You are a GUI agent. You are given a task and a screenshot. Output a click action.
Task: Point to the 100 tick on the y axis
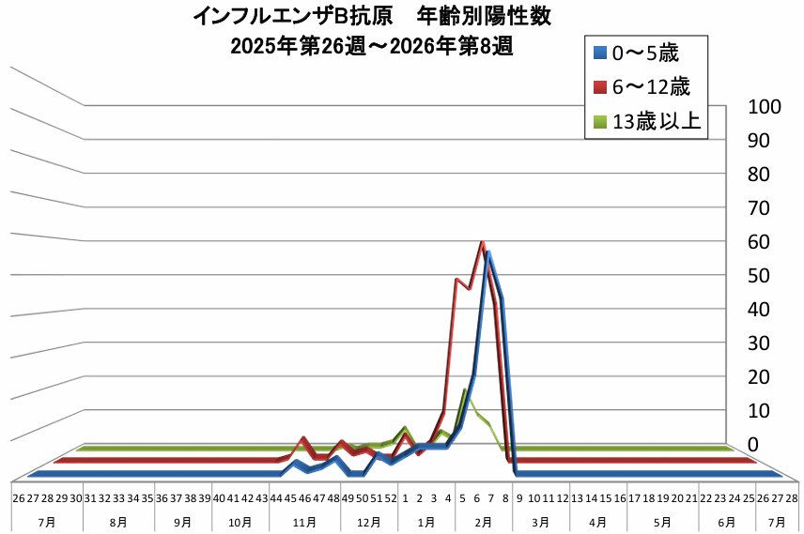pyautogui.click(x=765, y=107)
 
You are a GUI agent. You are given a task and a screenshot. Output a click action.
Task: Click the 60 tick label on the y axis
pyautogui.click(x=759, y=241)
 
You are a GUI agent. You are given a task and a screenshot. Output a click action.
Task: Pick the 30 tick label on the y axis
pyautogui.click(x=759, y=343)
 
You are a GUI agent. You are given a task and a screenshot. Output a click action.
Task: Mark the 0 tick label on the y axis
pyautogui.click(x=750, y=443)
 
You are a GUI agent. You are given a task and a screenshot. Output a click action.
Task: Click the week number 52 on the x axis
pyautogui.click(x=390, y=498)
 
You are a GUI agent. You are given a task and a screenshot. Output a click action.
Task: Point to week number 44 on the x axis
pyautogui.click(x=276, y=498)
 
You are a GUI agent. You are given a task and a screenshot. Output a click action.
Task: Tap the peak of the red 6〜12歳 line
pyautogui.click(x=482, y=242)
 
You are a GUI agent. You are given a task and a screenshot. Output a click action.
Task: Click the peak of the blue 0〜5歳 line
pyautogui.click(x=488, y=253)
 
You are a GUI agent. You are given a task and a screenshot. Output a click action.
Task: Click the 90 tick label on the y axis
pyautogui.click(x=759, y=141)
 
